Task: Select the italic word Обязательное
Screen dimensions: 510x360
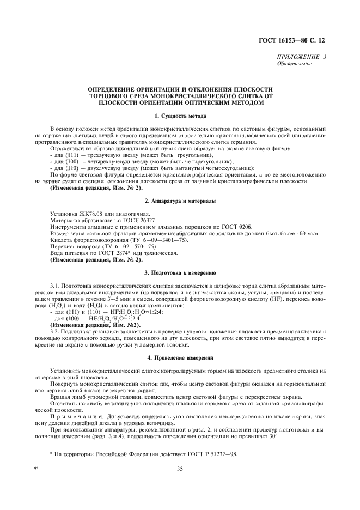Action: (x=295, y=64)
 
